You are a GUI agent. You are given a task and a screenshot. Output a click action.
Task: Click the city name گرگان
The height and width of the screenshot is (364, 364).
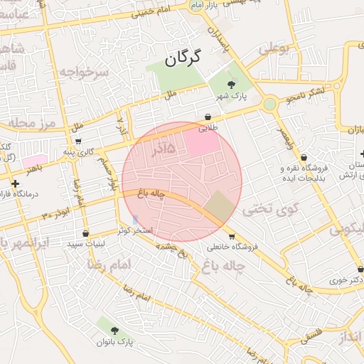(183, 58)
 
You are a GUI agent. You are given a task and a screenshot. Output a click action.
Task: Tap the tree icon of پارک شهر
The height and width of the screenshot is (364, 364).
(230, 85)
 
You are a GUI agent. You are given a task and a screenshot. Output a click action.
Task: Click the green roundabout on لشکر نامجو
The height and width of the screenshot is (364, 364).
(269, 105)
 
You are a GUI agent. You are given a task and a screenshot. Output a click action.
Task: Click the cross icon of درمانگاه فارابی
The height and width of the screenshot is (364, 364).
(15, 183)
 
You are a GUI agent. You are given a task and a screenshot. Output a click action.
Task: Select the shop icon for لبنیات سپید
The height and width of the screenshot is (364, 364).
(85, 232)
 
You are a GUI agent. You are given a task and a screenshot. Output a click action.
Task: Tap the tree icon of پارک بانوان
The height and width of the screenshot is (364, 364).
(115, 330)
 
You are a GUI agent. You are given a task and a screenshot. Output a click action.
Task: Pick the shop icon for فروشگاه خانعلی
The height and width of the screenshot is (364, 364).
(231, 237)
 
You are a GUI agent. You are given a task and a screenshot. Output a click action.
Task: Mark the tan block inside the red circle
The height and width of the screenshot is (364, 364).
(218, 206)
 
